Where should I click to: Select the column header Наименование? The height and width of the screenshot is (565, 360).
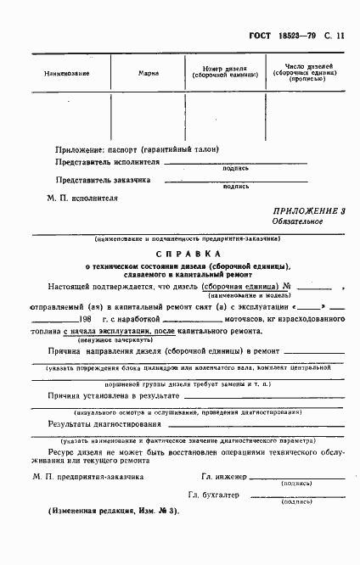tap(67, 72)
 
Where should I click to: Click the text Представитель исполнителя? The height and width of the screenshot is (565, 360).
tap(106, 160)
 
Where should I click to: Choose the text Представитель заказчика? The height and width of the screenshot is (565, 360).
tap(103, 180)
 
